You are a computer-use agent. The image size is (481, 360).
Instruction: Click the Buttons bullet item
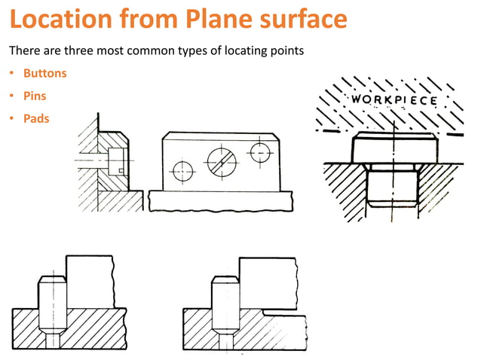[44, 74]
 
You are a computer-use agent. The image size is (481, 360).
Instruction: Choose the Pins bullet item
[35, 96]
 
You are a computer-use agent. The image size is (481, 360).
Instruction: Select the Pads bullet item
[36, 119]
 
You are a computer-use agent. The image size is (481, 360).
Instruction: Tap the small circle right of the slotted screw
[260, 151]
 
